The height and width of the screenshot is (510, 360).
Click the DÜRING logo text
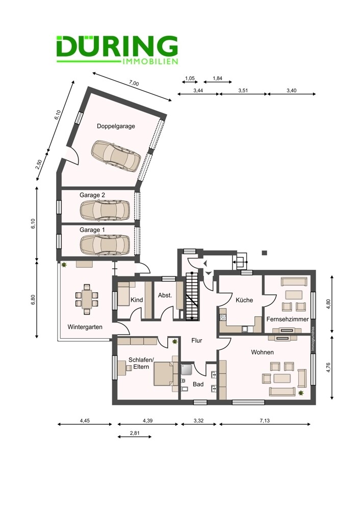117,46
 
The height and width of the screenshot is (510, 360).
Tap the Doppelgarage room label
116,126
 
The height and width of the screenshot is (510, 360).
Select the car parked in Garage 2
105,210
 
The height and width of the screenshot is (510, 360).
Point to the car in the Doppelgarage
116,156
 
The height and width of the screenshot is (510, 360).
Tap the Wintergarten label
85,327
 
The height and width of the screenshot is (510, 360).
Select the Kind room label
137,299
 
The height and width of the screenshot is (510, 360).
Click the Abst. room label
165,296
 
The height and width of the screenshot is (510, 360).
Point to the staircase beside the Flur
192,296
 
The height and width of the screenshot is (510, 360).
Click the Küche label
244,300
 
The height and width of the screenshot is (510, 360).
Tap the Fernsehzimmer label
288,319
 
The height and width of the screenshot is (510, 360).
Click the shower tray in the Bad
187,370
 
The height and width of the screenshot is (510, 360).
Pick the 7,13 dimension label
265,421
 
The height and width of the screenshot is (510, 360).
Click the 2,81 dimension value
134,433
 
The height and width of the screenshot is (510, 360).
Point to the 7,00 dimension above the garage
134,83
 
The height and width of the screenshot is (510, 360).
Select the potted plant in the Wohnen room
301,393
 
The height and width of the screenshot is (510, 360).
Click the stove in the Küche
223,317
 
